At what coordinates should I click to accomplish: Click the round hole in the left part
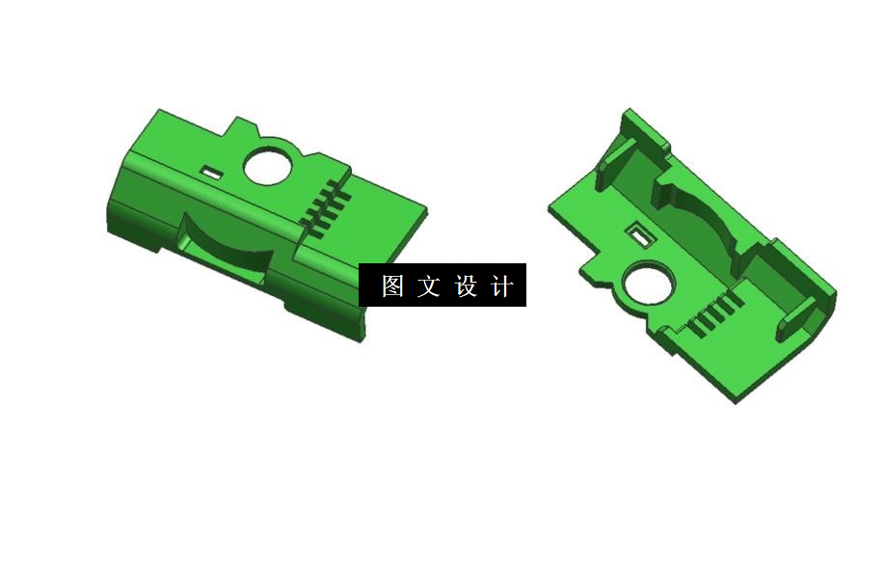(267, 165)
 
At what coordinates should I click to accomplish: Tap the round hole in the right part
(647, 286)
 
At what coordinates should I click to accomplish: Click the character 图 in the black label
(391, 286)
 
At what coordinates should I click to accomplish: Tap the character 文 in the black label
(428, 286)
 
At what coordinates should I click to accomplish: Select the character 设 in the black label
(466, 286)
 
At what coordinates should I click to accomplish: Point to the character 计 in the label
(502, 286)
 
